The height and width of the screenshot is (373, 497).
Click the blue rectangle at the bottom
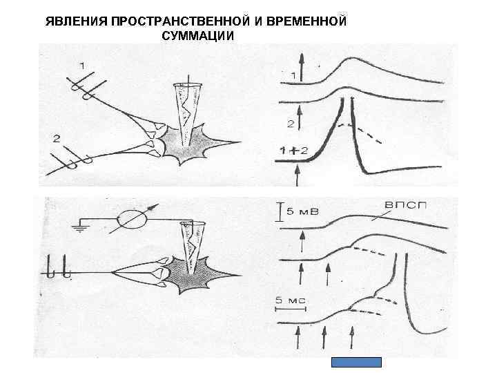356,362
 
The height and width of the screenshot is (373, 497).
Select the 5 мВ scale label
302,212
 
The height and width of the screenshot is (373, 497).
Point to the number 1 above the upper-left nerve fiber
83,66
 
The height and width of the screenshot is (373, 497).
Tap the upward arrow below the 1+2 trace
298,175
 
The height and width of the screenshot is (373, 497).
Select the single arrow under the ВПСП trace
302,242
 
